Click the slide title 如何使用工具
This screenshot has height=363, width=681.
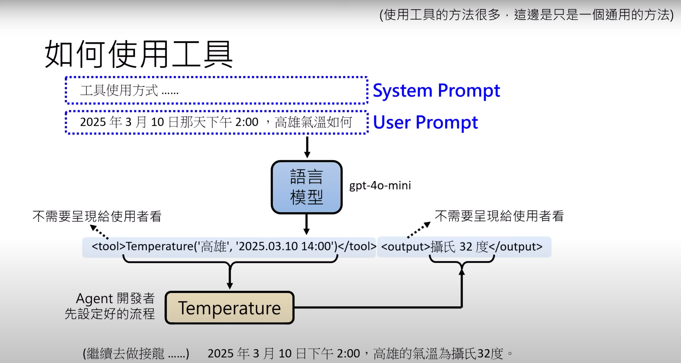(139, 54)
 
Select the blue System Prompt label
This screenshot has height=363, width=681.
(436, 91)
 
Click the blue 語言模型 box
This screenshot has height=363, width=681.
(307, 187)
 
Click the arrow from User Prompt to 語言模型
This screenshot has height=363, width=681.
(307, 147)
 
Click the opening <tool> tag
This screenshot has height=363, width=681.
(108, 247)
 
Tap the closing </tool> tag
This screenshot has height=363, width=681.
(357, 247)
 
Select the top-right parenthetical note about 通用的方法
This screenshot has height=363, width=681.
(526, 15)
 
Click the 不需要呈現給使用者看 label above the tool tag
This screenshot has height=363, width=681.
(97, 216)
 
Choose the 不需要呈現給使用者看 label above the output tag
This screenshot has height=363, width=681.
(499, 216)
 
